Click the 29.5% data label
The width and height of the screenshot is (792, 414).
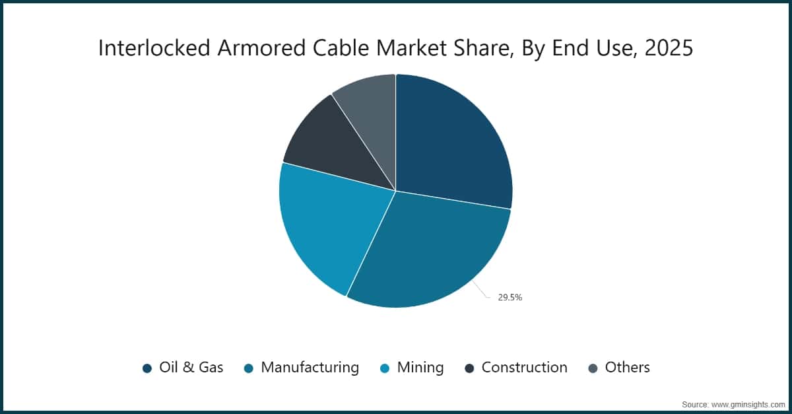(x=510, y=298)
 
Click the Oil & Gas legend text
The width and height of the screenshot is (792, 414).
(x=191, y=368)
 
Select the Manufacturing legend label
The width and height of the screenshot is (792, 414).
(x=310, y=368)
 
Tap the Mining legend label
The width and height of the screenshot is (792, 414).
(x=420, y=368)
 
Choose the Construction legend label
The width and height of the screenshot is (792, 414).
(x=525, y=368)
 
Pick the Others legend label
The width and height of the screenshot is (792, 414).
(x=628, y=368)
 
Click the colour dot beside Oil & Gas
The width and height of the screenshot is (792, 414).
(x=147, y=368)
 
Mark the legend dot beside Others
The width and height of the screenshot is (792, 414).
(x=593, y=368)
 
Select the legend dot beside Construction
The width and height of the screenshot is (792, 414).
(x=469, y=368)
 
